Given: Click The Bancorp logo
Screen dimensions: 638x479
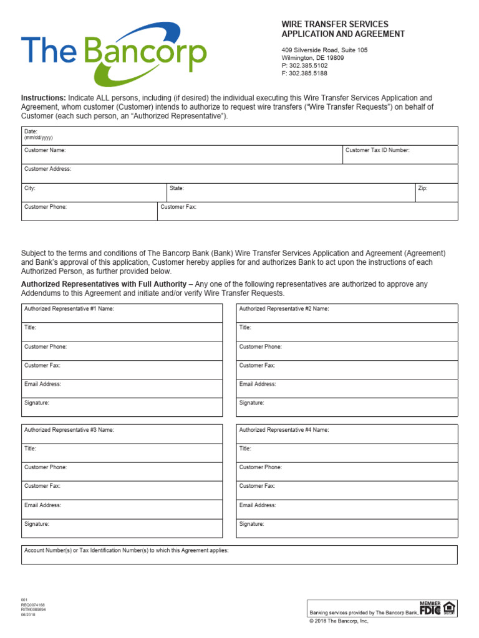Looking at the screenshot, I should (114, 55).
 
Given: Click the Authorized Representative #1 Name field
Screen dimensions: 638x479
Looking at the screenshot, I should (122, 313).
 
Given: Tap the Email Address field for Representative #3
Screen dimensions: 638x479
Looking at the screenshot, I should (122, 509).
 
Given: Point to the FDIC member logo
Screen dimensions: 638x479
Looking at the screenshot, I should (429, 609).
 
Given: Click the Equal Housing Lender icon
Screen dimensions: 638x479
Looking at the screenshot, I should (450, 609).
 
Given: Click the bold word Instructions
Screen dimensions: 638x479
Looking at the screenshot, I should (43, 98).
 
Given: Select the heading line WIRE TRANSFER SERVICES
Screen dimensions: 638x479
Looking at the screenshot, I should (334, 24).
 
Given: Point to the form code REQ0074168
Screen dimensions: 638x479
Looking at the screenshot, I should (33, 605).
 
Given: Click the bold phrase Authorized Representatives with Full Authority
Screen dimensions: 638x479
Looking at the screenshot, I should (104, 284).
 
